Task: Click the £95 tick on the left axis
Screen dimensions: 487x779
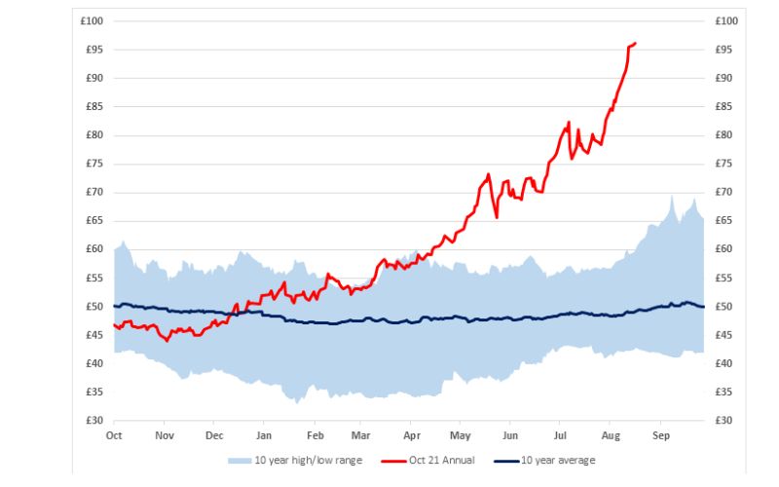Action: click(93, 50)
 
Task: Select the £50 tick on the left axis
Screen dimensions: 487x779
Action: click(93, 307)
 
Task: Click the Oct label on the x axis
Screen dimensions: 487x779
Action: click(114, 435)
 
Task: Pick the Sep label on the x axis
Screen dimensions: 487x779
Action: click(661, 435)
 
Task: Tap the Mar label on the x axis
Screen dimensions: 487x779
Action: click(361, 435)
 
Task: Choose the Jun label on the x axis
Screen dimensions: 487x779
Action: click(510, 435)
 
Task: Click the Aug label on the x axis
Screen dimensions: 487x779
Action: click(611, 435)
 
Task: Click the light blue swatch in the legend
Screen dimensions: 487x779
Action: click(238, 460)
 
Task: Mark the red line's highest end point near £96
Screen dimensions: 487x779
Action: click(635, 43)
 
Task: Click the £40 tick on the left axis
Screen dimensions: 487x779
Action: click(93, 363)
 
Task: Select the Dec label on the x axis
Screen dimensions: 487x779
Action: click(214, 435)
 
